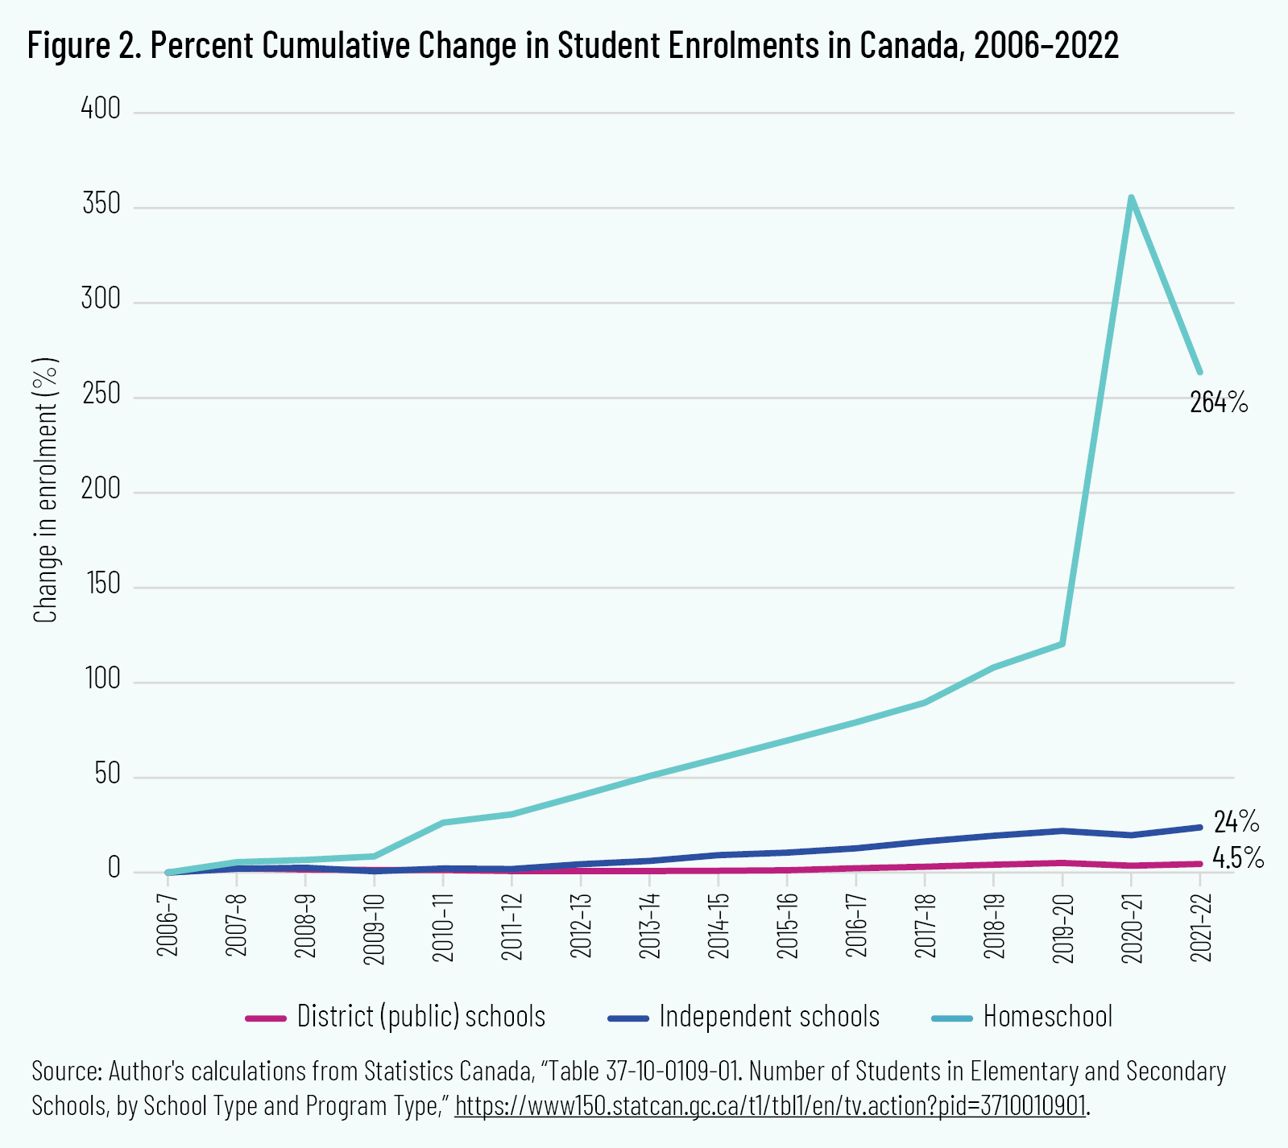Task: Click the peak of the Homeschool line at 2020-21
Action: tap(1131, 197)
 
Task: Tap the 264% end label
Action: tap(1218, 402)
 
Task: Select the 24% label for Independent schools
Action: tap(1236, 822)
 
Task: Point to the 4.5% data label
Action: tap(1237, 858)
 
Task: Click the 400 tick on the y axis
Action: tap(101, 109)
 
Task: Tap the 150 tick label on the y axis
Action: tap(101, 584)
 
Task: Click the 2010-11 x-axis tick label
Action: tap(443, 927)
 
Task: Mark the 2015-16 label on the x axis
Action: tap(787, 927)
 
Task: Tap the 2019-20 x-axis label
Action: tap(1062, 927)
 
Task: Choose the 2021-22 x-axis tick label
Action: tap(1200, 927)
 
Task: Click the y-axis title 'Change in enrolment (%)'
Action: tap(45, 490)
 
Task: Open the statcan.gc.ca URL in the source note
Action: tap(771, 1106)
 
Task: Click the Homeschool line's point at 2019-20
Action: tap(1062, 644)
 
